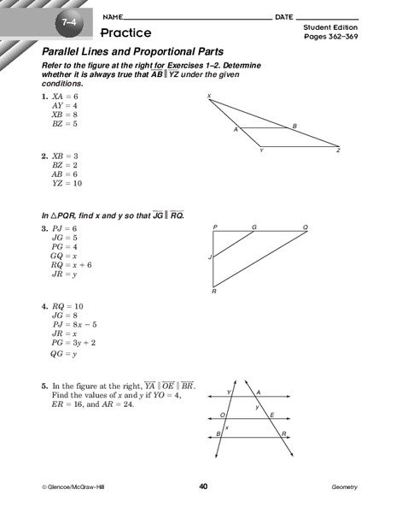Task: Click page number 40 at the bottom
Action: click(x=203, y=486)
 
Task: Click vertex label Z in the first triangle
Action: click(x=338, y=150)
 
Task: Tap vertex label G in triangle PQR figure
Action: click(x=253, y=227)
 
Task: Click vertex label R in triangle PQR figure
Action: click(x=214, y=292)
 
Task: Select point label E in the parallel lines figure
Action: click(x=271, y=414)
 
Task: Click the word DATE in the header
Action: click(x=284, y=16)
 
